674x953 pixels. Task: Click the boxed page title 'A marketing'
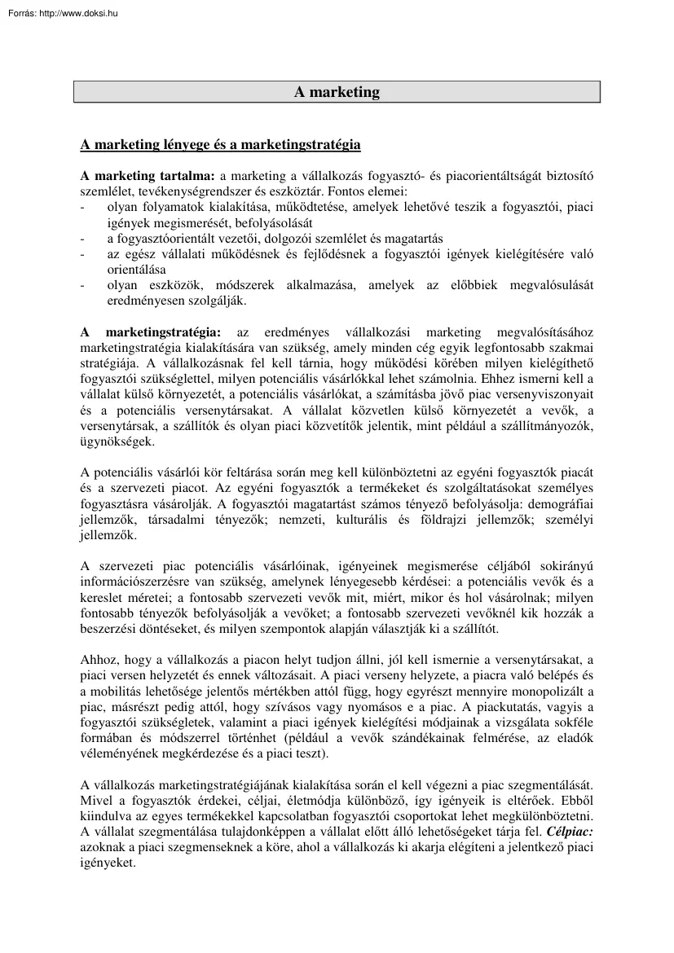(337, 92)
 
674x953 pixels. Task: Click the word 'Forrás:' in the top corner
(20, 13)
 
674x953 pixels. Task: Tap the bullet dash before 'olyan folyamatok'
(82, 208)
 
